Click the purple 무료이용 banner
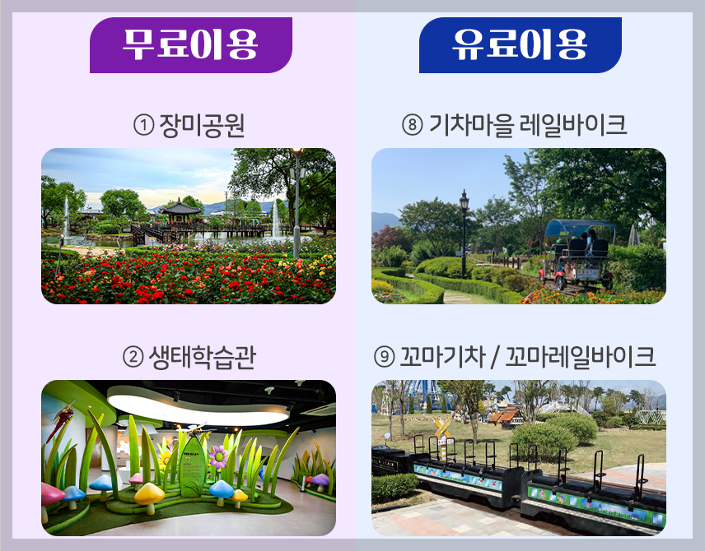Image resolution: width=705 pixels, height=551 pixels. pyautogui.click(x=190, y=44)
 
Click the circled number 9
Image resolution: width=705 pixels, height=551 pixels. pyautogui.click(x=383, y=358)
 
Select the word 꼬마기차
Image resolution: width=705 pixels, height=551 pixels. pyautogui.click(x=437, y=358)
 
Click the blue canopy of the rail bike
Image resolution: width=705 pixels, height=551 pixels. pyautogui.click(x=579, y=225)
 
